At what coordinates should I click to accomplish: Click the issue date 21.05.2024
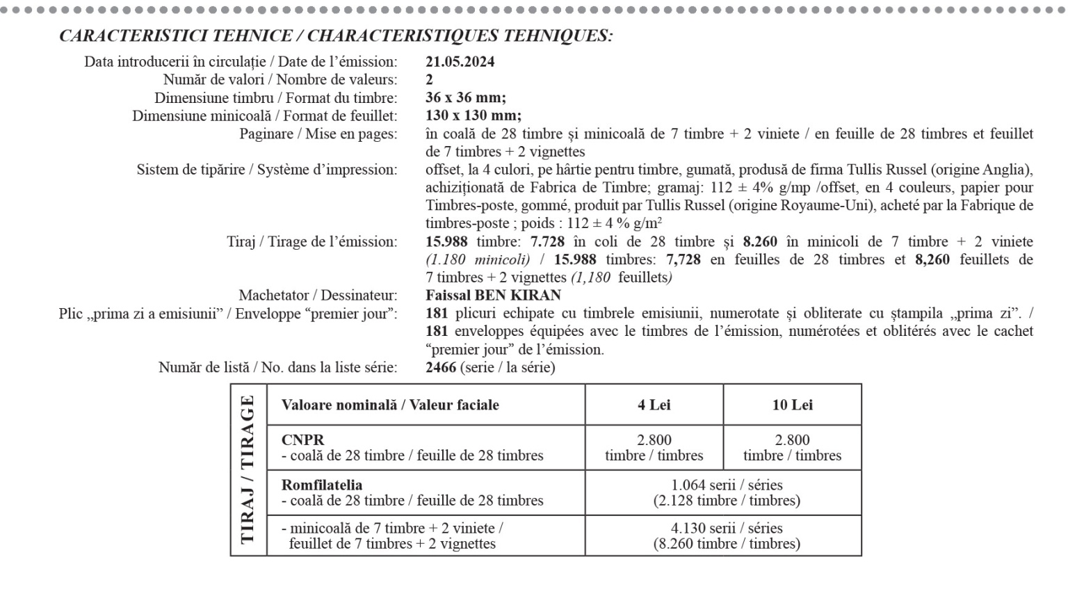coord(460,61)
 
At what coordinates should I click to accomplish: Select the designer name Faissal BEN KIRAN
coord(493,295)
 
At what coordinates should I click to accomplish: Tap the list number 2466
coord(441,367)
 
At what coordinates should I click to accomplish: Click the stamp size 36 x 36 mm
coord(465,97)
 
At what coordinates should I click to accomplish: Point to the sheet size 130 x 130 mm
coord(473,115)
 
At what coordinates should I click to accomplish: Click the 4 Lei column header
coord(654,405)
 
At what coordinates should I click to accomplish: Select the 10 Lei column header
coord(792,405)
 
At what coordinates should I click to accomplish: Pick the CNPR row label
coord(302,440)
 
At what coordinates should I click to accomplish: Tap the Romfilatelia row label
coord(321,485)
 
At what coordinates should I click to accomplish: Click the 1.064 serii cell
coord(726,485)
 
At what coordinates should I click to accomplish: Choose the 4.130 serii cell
coord(726,529)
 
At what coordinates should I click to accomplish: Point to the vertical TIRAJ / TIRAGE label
coord(248,469)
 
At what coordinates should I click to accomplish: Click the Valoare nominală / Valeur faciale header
coord(389,405)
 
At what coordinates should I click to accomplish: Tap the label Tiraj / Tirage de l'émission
coord(311,241)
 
